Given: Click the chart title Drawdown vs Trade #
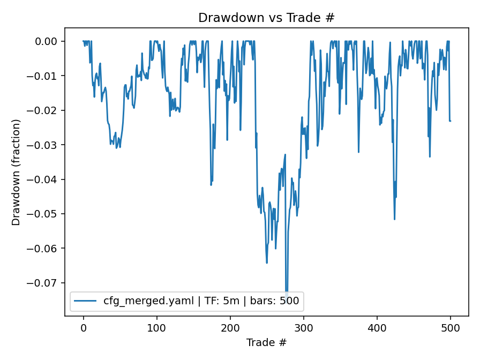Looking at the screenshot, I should pos(266,18).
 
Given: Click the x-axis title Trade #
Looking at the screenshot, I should pos(266,342).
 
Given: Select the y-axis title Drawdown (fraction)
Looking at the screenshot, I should pos(16,172).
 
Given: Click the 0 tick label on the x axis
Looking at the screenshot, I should pos(83,328).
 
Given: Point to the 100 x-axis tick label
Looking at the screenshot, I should pos(156,328).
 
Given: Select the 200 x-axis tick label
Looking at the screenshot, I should pos(230,328).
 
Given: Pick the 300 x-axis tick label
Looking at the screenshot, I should pos(303,328).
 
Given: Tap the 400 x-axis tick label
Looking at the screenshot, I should pos(377,328).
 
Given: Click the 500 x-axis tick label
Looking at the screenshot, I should pos(450,328).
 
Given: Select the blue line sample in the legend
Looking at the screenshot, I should pos(86,301).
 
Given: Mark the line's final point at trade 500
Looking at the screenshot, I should pos(450,121).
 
